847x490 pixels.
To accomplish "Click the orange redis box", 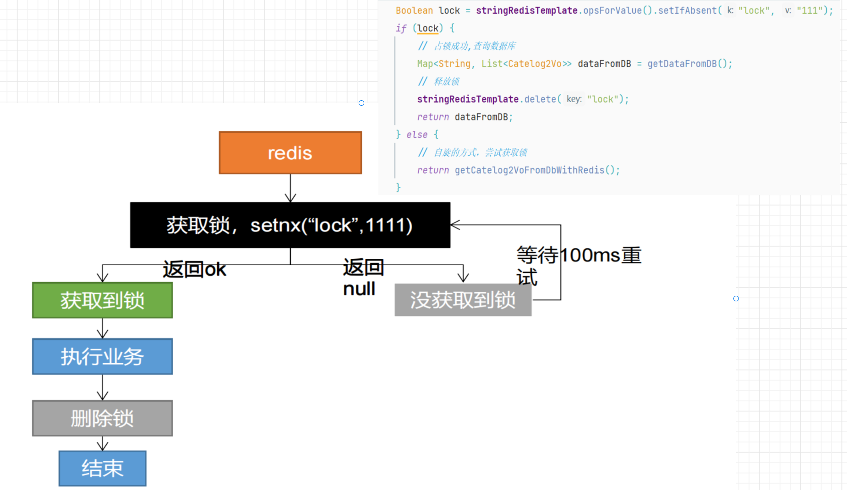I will click(290, 153).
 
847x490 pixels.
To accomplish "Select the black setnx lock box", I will click(290, 225).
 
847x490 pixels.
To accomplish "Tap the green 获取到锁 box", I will click(102, 300).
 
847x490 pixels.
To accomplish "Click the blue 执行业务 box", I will click(102, 357).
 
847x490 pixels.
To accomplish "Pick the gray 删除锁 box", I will click(102, 419).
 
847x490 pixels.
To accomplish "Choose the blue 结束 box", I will click(102, 468).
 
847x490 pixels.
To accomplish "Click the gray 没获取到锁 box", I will click(463, 300).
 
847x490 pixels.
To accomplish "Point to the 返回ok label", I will click(194, 269).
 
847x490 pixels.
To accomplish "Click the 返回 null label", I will click(363, 278).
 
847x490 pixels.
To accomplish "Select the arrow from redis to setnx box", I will click(290, 188).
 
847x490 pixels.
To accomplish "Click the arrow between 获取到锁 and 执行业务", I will click(103, 328).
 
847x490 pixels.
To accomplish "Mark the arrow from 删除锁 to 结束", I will click(103, 443).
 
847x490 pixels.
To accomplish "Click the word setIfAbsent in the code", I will click(687, 11).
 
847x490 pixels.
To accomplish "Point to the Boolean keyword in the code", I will click(414, 11).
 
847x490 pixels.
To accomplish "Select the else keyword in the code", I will click(417, 135).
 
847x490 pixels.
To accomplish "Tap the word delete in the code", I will click(540, 99).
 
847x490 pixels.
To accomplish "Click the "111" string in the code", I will click(809, 11).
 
